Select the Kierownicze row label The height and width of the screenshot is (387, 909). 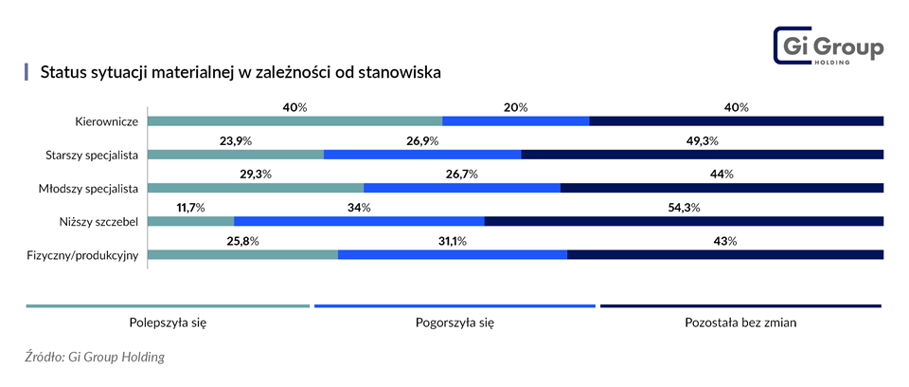click(108, 121)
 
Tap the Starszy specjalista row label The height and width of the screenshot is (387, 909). click(93, 155)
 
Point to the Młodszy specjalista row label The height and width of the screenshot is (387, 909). click(92, 188)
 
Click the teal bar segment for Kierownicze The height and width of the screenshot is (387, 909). click(295, 121)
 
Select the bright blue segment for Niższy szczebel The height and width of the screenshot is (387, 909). click(359, 222)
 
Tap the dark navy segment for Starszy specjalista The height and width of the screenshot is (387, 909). click(702, 155)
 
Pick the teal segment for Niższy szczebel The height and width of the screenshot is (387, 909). click(191, 222)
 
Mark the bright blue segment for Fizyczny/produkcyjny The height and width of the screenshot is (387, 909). click(452, 255)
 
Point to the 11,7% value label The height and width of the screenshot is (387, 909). click(190, 208)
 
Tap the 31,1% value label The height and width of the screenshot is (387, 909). click(453, 241)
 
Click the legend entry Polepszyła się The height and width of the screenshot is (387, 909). click(168, 322)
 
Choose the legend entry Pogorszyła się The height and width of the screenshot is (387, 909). click(454, 322)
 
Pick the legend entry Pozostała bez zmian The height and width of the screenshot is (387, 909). click(740, 322)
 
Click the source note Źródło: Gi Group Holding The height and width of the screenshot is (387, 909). click(95, 358)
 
